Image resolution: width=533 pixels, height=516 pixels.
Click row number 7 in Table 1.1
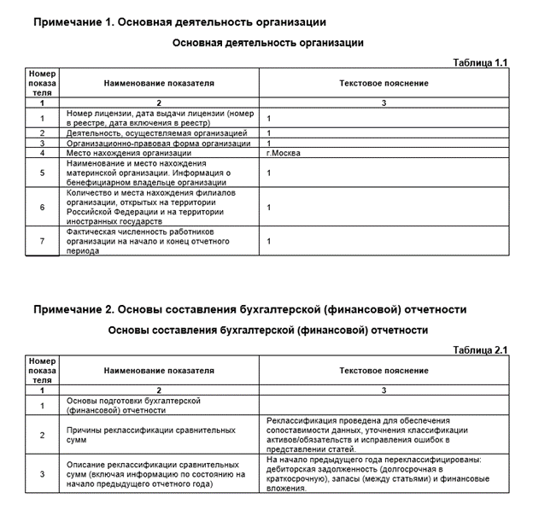42,241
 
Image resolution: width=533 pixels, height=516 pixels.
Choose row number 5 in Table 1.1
42,173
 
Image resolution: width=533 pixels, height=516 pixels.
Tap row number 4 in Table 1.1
42,153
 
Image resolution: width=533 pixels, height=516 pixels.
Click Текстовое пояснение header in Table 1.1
384,84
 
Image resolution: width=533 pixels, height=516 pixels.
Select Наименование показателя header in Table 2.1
159,371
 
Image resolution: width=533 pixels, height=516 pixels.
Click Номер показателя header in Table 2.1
42,371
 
